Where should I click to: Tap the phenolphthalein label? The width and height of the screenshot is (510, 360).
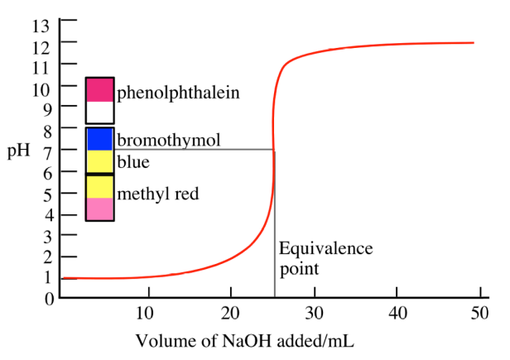(178, 92)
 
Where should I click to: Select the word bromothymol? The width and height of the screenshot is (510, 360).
(169, 140)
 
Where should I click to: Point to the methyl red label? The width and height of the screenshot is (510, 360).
(158, 194)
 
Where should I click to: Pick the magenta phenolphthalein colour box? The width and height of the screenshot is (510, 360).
(99, 89)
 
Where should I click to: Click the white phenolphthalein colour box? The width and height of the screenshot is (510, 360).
(99, 112)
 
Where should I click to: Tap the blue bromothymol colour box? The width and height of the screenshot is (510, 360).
(99, 138)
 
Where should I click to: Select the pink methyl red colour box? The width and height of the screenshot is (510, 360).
(99, 209)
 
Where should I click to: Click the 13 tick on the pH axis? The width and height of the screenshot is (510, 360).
(41, 24)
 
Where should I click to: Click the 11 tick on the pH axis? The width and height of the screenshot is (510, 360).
(41, 66)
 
